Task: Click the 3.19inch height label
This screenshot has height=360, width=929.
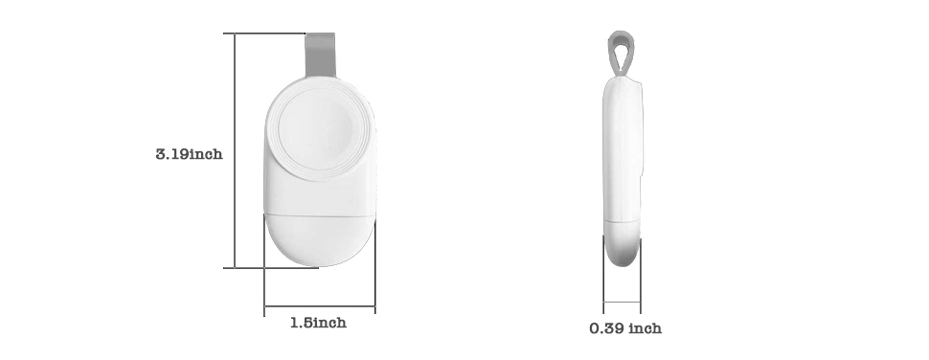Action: [x=189, y=154]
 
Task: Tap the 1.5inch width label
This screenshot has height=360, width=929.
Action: [x=318, y=323]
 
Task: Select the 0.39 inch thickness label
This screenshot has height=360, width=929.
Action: [x=625, y=328]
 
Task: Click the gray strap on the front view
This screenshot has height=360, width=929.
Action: [x=321, y=56]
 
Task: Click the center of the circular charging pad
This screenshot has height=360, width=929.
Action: [x=320, y=128]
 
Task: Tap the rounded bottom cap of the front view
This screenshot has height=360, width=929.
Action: [x=319, y=239]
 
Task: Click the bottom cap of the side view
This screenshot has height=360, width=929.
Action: [x=623, y=243]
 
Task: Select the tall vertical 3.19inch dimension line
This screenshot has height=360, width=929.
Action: [x=235, y=150]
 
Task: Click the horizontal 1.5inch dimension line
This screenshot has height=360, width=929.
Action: [x=319, y=306]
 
